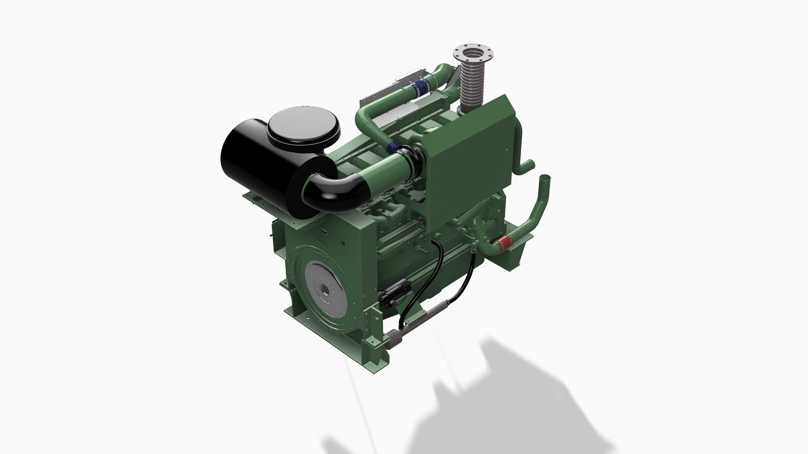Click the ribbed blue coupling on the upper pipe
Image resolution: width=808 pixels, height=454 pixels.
click(x=419, y=90)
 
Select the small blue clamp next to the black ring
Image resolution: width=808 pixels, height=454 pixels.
click(x=392, y=147)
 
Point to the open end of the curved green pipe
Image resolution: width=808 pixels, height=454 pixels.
click(x=545, y=178)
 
